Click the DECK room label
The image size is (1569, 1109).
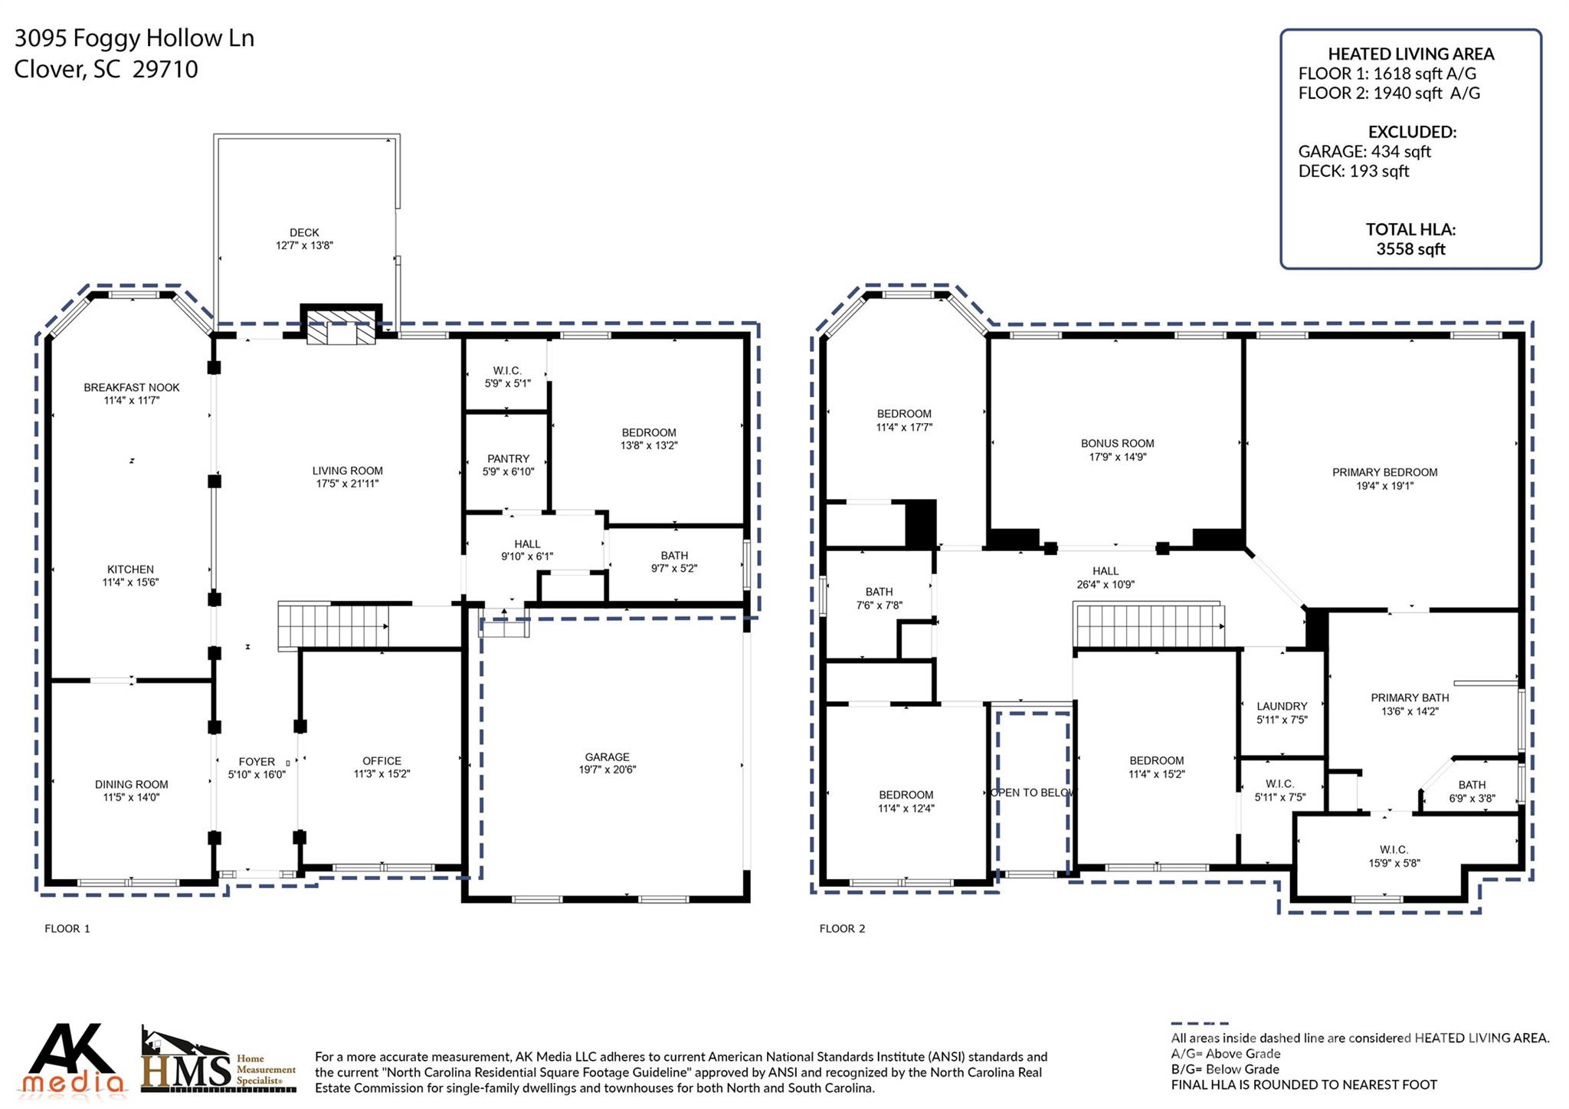[x=304, y=232]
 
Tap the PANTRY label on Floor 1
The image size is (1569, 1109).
[x=508, y=458]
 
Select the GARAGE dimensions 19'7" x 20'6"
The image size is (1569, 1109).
[x=608, y=769]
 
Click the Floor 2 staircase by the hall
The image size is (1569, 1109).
[x=1147, y=625]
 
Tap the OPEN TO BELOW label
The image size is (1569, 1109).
[x=1033, y=792]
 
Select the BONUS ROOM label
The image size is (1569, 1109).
[x=1117, y=443]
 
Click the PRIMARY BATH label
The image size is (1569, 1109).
[x=1410, y=697]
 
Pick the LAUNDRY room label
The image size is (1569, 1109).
[x=1282, y=706]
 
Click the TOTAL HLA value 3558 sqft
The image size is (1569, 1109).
[x=1410, y=249]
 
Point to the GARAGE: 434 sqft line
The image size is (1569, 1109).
[x=1364, y=152]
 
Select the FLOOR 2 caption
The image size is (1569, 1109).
[x=842, y=928]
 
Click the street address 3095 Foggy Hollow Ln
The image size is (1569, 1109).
[x=134, y=38]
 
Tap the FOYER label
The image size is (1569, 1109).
[x=256, y=761]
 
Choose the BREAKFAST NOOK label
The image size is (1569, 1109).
[x=132, y=387]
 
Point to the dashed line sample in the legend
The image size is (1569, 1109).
[x=1199, y=1022]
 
